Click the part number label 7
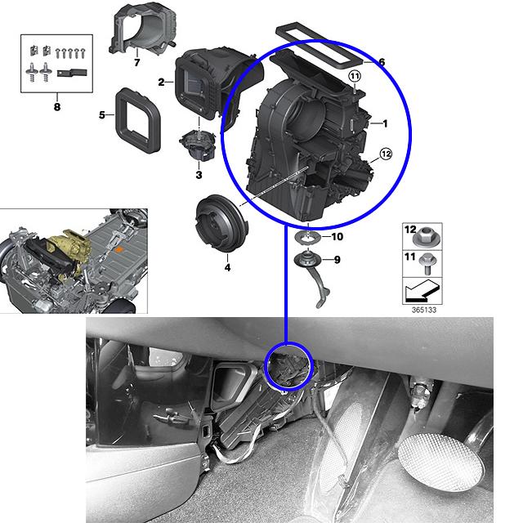click(136, 62)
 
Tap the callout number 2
click(162, 82)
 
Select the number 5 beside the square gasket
click(102, 115)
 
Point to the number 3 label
click(199, 175)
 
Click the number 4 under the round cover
click(227, 267)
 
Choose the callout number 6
click(382, 62)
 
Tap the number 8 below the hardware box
click(57, 107)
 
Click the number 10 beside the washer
click(337, 237)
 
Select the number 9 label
click(337, 260)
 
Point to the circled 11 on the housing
click(355, 76)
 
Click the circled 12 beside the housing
click(386, 154)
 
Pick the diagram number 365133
click(424, 310)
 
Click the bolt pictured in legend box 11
click(427, 263)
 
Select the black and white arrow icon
click(422, 290)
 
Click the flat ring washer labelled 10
click(308, 238)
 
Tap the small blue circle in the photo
click(288, 366)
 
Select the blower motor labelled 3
click(198, 145)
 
